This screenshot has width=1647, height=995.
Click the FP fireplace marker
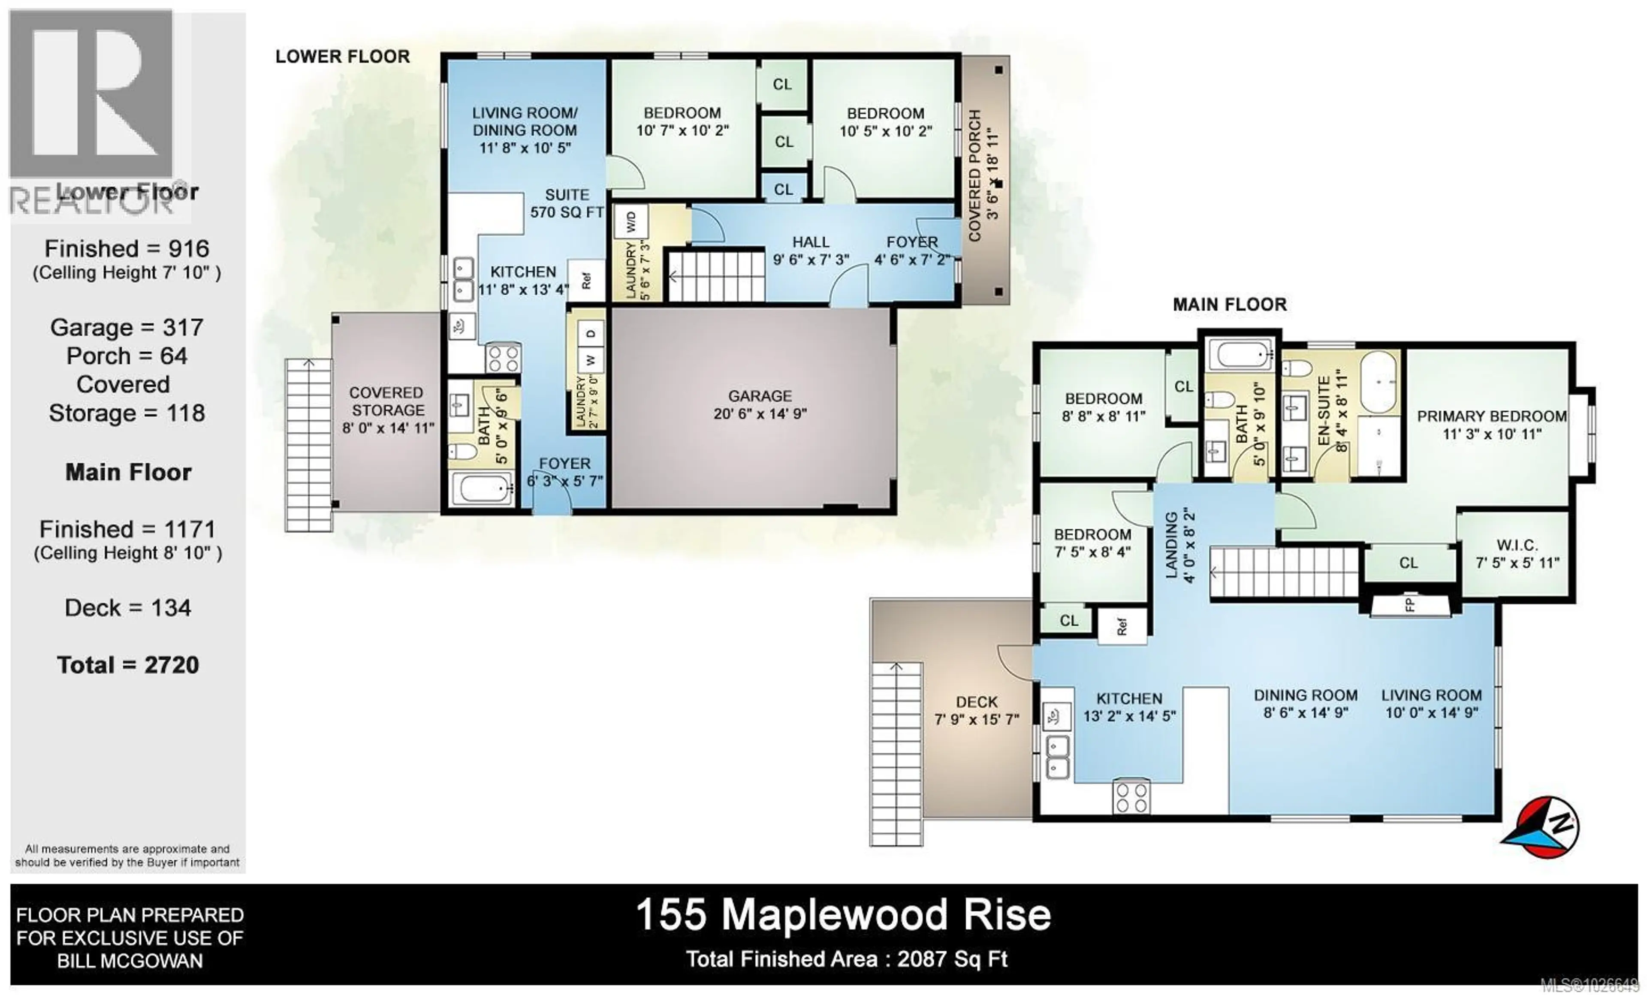pos(1410,605)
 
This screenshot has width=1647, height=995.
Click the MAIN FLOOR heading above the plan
pos(1229,305)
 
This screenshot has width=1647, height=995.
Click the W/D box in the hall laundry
pos(631,221)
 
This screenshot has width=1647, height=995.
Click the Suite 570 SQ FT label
pos(567,203)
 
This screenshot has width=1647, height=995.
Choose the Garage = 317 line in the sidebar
pos(127,327)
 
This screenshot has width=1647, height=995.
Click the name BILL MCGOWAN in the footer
pos(130,961)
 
